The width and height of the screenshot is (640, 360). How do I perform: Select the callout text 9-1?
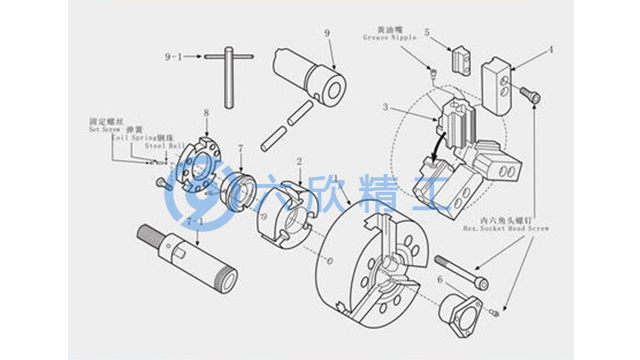click(x=174, y=58)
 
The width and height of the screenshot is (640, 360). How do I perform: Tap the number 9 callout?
click(x=327, y=34)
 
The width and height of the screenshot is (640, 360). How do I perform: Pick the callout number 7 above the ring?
click(x=241, y=148)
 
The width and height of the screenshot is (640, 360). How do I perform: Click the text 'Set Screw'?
click(x=105, y=129)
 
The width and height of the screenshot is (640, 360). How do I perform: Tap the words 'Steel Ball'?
click(x=161, y=145)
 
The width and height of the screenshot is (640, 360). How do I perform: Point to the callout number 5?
click(x=426, y=32)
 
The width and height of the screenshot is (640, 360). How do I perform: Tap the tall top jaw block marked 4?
click(x=499, y=81)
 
